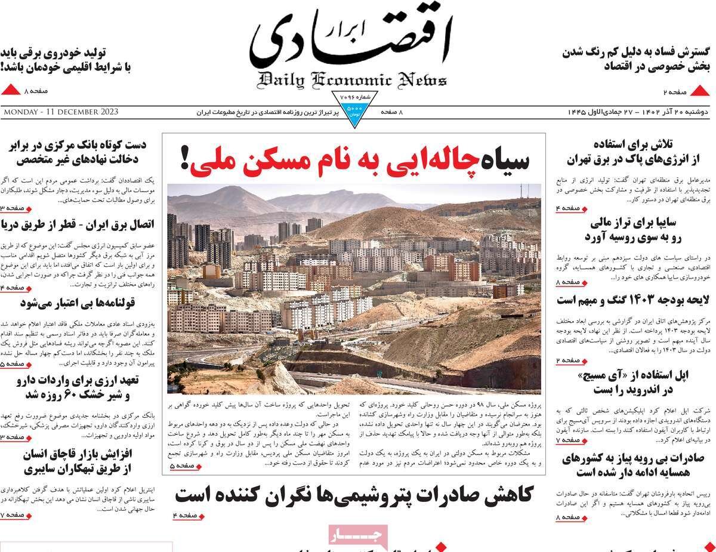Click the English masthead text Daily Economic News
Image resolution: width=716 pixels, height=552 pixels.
pyautogui.click(x=353, y=80)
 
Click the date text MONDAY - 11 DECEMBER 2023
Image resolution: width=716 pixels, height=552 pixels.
pyautogui.click(x=60, y=112)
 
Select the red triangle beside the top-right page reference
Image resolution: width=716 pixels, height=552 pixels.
pyautogui.click(x=702, y=91)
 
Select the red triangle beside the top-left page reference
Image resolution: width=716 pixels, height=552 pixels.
pyautogui.click(x=11, y=91)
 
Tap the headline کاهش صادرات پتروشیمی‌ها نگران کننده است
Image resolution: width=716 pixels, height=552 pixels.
pyautogui.click(x=354, y=495)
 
